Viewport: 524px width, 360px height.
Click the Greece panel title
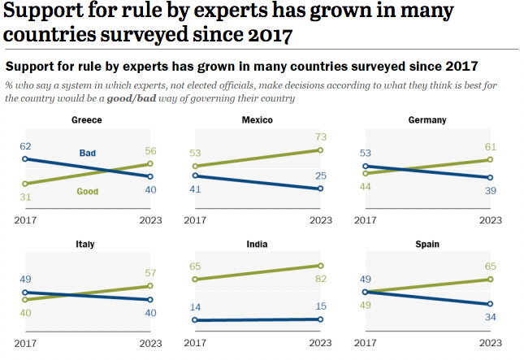[x=86, y=120]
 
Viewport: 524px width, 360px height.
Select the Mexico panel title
[x=258, y=120]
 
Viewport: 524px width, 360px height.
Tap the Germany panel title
[x=427, y=120]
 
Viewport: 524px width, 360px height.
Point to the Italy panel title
[x=86, y=244]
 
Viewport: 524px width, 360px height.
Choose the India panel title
[x=258, y=244]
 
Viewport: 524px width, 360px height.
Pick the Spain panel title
[x=427, y=244]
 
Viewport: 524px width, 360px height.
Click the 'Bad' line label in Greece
[x=88, y=153]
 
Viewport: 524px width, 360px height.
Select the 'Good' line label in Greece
[x=88, y=192]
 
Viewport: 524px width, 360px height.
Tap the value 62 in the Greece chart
[x=26, y=146]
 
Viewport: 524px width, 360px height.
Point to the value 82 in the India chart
[x=320, y=280]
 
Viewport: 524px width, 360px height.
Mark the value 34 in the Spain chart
[x=491, y=318]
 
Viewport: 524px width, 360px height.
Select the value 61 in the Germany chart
[x=491, y=146]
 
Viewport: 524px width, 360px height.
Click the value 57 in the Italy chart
[x=149, y=272]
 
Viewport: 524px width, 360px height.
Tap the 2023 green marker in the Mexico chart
[x=321, y=150]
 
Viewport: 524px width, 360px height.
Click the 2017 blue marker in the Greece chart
[x=25, y=159]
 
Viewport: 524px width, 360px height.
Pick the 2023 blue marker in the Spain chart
[x=491, y=305]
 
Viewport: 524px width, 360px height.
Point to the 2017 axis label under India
[x=196, y=344]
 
